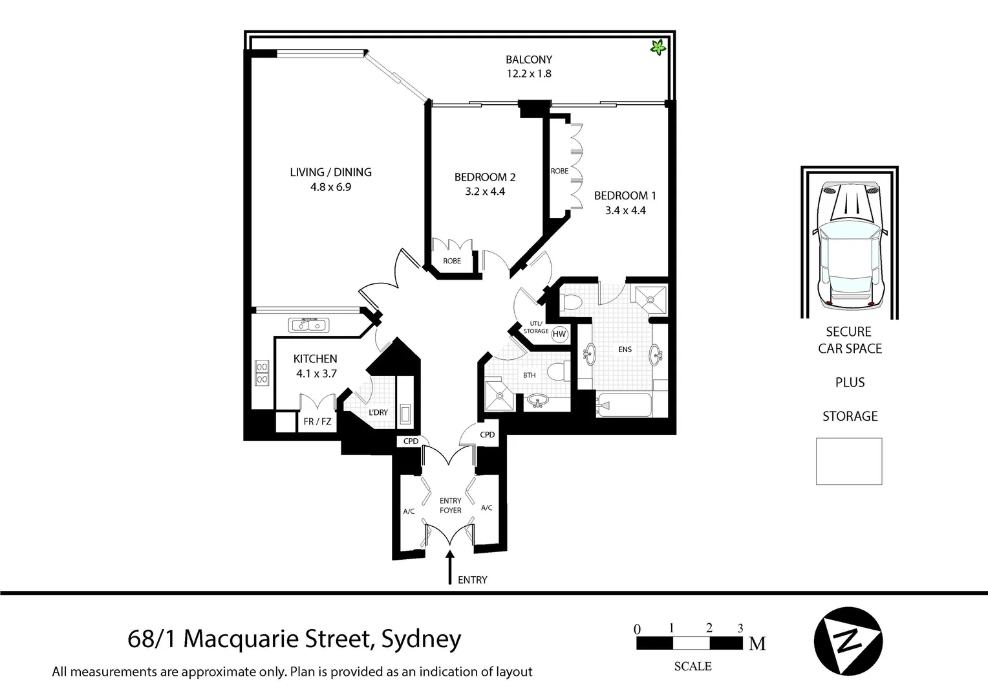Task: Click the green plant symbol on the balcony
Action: (658, 47)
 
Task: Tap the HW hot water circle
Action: (559, 335)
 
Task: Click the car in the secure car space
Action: (849, 244)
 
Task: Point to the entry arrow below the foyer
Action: (450, 568)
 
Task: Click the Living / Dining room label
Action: (330, 172)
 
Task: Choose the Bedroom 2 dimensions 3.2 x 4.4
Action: (484, 192)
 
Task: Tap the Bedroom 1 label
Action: (625, 195)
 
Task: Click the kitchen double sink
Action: (309, 324)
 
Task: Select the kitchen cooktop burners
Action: (262, 373)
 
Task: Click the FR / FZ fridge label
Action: (317, 422)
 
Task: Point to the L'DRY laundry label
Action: (378, 412)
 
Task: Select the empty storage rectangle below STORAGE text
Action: (848, 461)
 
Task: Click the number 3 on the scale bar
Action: (740, 628)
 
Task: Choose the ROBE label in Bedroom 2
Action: (452, 261)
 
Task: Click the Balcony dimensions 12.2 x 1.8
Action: (528, 74)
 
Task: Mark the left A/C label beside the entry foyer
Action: (409, 511)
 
